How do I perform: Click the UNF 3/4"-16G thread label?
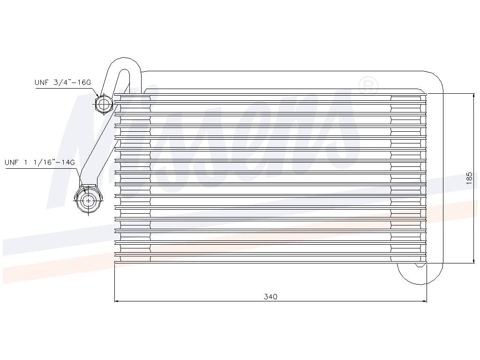tap(62, 82)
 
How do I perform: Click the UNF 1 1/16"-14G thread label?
tap(40, 163)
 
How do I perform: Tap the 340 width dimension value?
tap(270, 297)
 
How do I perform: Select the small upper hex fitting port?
tap(104, 103)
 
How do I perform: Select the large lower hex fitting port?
tap(88, 200)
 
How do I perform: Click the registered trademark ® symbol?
tap(368, 85)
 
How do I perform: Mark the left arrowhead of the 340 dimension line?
tap(118, 301)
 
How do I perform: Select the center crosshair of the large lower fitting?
tap(88, 201)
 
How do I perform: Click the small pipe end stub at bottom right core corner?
tap(420, 265)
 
